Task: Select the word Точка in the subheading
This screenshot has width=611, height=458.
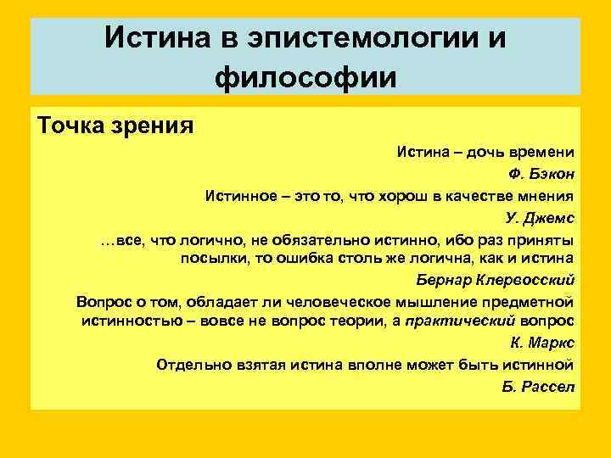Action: [x=68, y=126]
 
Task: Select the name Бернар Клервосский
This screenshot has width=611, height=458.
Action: [x=495, y=280]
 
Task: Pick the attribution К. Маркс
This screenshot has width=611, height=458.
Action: [x=543, y=343]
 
